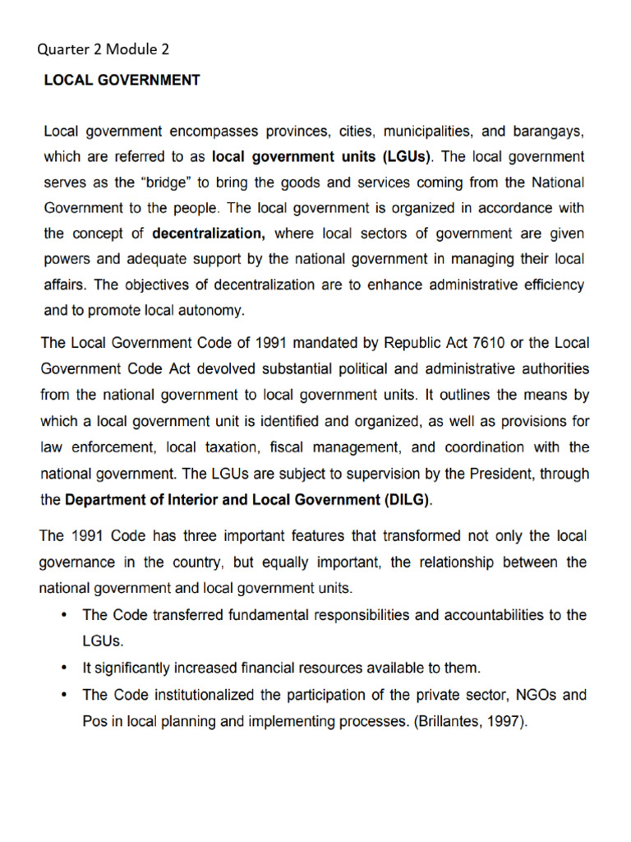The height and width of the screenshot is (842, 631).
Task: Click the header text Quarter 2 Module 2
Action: point(103,50)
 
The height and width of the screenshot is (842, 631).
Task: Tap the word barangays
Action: point(549,131)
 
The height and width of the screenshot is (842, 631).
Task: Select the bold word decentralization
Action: point(209,234)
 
